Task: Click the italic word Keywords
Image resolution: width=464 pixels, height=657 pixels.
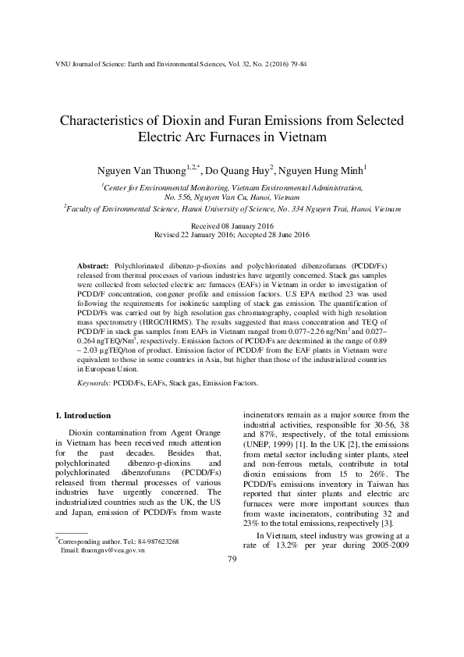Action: [94, 384]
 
